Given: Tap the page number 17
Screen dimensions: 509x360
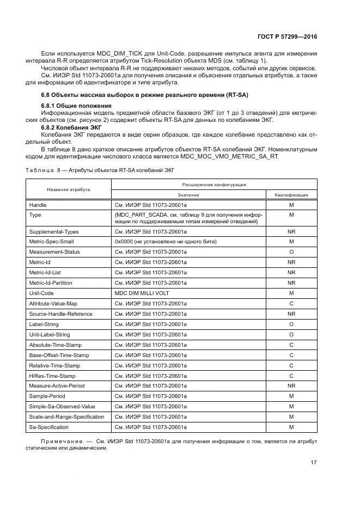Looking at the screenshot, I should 313,462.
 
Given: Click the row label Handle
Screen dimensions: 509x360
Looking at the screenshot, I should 38,205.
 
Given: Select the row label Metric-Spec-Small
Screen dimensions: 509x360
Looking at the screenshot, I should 51,241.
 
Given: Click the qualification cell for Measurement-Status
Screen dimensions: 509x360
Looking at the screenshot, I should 291,252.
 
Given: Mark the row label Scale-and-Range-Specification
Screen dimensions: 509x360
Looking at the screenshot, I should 66,416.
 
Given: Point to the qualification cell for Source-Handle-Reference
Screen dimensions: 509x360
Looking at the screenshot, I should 291,314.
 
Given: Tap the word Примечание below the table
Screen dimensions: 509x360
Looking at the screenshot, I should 60,441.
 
